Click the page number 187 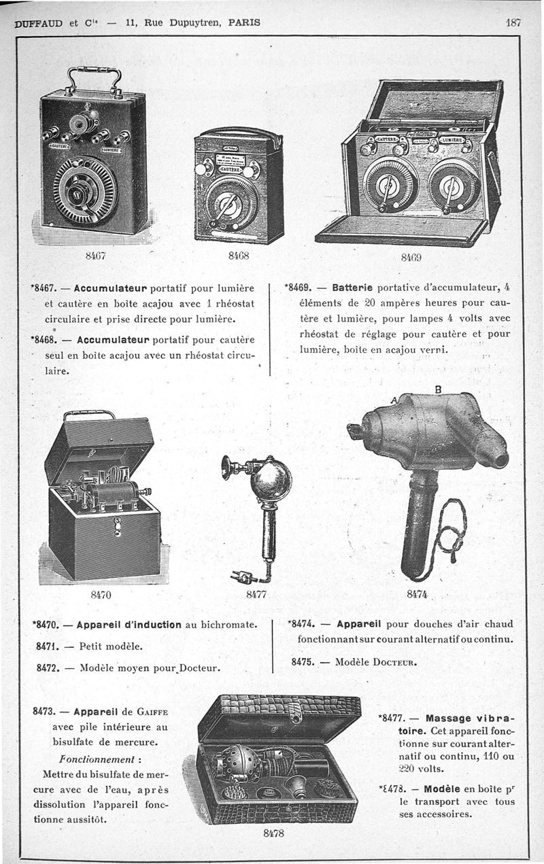pos(513,22)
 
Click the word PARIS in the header pos(244,22)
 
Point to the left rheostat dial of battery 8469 pos(386,184)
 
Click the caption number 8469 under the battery pos(411,258)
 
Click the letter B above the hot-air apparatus pos(438,390)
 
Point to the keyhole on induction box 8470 pos(117,523)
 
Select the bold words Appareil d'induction pos(129,625)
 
